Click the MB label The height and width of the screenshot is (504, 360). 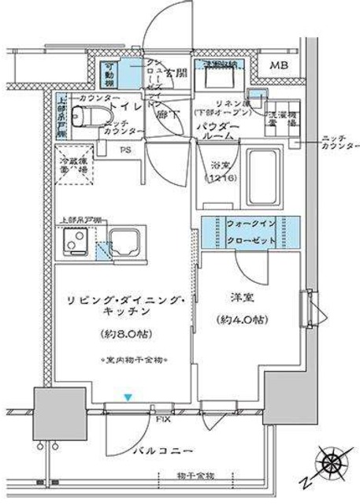pos(278,66)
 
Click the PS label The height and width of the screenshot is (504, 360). pos(125,147)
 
